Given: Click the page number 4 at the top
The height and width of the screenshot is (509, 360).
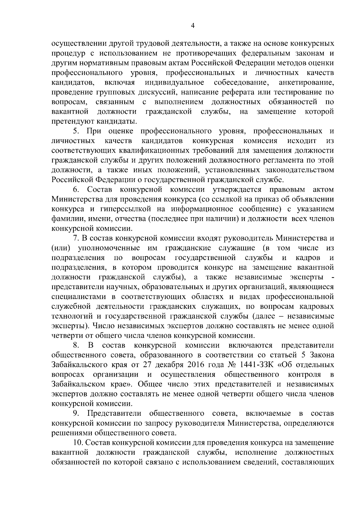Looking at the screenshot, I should pyautogui.click(x=193, y=26).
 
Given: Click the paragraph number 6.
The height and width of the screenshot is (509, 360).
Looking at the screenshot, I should pyautogui.click(x=76, y=190).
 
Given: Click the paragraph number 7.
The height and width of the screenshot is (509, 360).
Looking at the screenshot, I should pyautogui.click(x=76, y=238).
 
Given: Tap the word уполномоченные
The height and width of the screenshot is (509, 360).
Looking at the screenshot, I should pyautogui.click(x=109, y=248).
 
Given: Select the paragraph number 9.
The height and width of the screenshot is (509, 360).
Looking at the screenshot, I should pyautogui.click(x=76, y=414).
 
